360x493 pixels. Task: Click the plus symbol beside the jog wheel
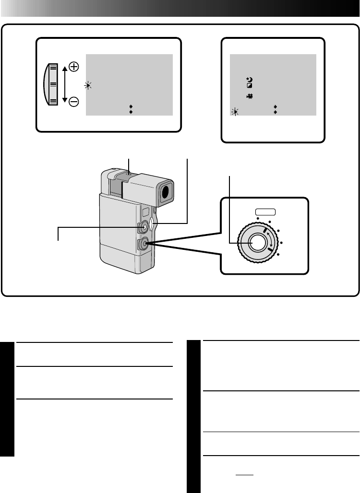tap(74, 67)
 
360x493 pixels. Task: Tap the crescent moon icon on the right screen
tap(250, 79)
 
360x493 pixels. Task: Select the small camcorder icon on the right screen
tap(250, 96)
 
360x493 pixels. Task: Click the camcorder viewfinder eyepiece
tap(166, 192)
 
